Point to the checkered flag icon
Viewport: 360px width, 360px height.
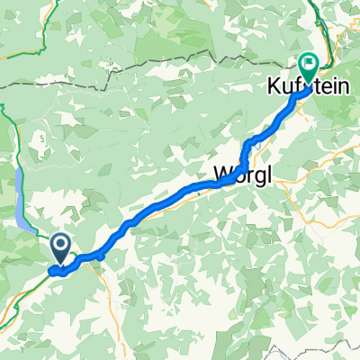[309, 63]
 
